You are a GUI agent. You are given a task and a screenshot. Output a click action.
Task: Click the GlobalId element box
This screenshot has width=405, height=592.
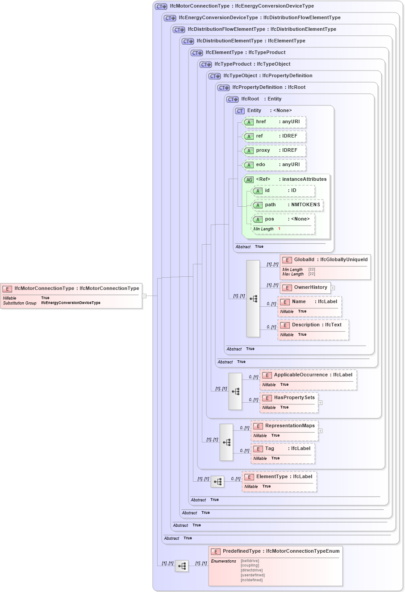(x=325, y=267)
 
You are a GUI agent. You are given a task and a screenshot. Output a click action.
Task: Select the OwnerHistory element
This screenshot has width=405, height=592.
(x=305, y=288)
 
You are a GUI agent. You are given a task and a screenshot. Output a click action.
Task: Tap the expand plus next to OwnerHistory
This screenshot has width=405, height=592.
(x=333, y=288)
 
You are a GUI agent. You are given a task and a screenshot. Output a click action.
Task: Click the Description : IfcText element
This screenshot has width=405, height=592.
(x=313, y=329)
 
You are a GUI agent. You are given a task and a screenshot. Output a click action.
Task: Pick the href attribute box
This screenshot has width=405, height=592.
(x=274, y=122)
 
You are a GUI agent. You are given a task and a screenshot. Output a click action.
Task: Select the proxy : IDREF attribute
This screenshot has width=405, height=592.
(x=274, y=150)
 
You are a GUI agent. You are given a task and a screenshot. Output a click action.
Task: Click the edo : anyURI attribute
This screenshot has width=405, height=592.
(x=274, y=165)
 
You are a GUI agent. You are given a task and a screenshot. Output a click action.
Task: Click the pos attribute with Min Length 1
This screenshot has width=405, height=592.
(x=283, y=224)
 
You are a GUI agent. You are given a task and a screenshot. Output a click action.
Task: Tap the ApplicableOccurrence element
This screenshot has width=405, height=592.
(x=308, y=379)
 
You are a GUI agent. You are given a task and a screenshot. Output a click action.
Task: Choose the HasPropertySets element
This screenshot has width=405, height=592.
(x=288, y=402)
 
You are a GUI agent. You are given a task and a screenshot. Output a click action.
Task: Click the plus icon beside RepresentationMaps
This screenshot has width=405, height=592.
(x=320, y=431)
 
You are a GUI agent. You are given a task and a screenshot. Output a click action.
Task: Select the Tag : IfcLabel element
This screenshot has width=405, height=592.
(x=283, y=453)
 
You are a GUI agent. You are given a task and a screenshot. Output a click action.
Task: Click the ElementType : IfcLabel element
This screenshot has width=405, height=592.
(x=279, y=481)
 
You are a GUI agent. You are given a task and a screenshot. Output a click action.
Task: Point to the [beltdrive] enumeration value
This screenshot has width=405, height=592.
(x=250, y=561)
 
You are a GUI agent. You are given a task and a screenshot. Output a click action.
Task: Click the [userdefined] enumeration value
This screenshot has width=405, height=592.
(x=252, y=575)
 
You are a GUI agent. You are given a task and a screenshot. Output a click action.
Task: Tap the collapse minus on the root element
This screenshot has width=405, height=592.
(x=144, y=296)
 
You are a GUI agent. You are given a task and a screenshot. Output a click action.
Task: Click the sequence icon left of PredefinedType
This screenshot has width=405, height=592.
(x=182, y=566)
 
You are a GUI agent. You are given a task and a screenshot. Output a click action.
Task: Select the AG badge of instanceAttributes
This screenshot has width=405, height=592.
(x=249, y=179)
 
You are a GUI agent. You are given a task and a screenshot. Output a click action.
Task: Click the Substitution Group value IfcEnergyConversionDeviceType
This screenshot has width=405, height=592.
(x=71, y=303)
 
